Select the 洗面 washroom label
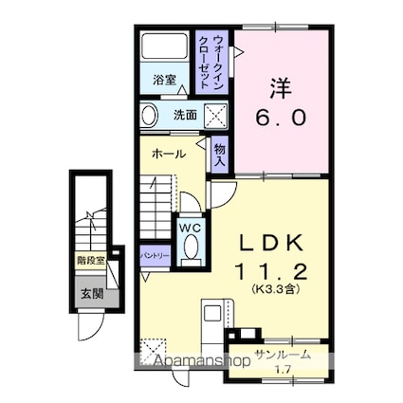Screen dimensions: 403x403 [x=184, y=116]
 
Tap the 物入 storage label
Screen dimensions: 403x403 [x=220, y=153]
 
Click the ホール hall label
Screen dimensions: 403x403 [x=168, y=154]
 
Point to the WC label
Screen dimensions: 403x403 [x=190, y=229]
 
